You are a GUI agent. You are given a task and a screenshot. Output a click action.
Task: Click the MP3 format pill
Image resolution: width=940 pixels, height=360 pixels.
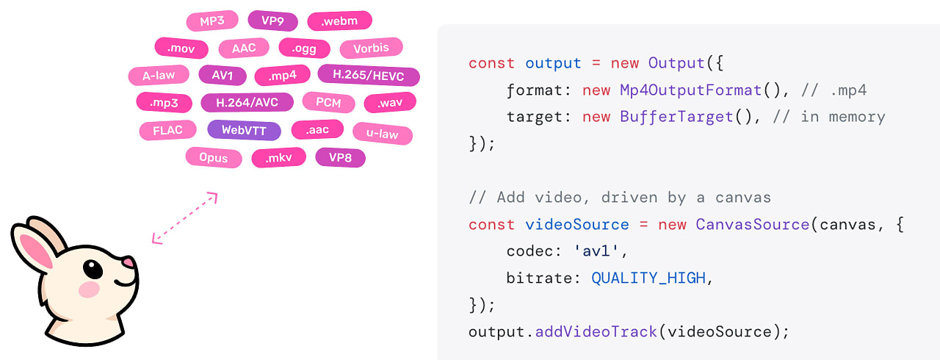tap(211, 21)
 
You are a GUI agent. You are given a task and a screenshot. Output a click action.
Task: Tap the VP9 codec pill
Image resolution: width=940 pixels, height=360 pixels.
tap(272, 21)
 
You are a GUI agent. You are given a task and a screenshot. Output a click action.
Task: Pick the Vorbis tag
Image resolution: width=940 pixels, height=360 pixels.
tap(371, 48)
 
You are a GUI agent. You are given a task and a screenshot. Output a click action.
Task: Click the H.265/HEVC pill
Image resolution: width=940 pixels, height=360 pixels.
tap(369, 75)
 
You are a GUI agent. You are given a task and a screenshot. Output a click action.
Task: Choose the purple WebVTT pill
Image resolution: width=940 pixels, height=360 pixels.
tap(244, 130)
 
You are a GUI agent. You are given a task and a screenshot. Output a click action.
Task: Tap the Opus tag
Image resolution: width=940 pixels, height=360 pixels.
tap(213, 157)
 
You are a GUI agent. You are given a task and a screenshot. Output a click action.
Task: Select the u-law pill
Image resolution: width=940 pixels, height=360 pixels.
tap(383, 134)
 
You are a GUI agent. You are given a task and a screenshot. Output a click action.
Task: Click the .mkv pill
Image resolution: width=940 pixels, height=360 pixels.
tap(278, 157)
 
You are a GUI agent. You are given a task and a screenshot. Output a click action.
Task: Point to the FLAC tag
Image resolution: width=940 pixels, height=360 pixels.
tap(167, 130)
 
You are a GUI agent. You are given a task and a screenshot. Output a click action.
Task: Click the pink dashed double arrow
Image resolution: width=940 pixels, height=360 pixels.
tap(184, 217)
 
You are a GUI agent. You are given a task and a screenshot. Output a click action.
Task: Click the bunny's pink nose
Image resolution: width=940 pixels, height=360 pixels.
tap(128, 262)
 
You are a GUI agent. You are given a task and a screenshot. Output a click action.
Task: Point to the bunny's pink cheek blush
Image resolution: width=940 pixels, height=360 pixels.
tap(89, 289)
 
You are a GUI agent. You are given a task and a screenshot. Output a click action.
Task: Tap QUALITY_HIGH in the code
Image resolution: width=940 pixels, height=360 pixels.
tap(648, 278)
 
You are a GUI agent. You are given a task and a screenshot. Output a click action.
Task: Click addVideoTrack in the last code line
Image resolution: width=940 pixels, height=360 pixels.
tap(596, 331)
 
